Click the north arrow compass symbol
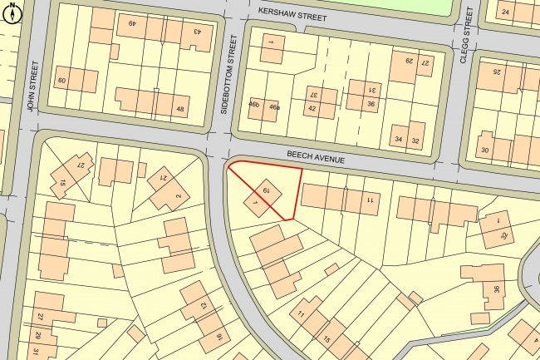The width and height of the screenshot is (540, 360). point(12,14)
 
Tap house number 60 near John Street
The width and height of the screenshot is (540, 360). point(61,81)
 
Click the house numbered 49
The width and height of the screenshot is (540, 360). point(131,24)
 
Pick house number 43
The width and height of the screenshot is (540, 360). point(197,32)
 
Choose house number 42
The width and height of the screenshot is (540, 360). point(312,109)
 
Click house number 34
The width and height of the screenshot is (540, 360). point(399,139)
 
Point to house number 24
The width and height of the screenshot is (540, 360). point(505,12)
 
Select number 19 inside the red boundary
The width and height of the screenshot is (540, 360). point(266,191)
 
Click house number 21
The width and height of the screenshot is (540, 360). point(163,177)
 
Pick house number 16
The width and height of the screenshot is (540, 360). point(219,337)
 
